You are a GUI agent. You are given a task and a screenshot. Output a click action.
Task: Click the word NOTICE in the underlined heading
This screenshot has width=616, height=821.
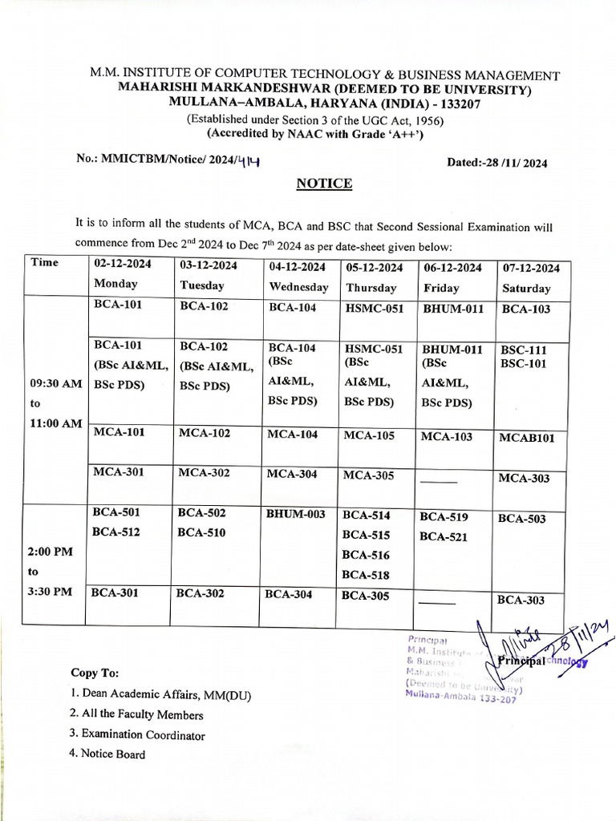(324, 184)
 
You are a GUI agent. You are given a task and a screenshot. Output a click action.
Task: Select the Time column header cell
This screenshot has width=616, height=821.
(44, 262)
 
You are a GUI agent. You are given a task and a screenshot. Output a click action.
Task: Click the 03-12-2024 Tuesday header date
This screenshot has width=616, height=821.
(209, 266)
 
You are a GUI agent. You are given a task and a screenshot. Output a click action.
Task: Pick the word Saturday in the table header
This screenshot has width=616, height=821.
(526, 289)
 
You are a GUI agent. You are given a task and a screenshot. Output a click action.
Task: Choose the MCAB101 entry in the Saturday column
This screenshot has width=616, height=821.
(526, 438)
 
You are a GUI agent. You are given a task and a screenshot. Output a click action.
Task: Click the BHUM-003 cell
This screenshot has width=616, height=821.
(296, 514)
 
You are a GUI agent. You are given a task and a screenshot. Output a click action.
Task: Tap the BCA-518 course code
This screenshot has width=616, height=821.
(366, 575)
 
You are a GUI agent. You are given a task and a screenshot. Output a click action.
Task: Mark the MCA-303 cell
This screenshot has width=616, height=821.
(524, 479)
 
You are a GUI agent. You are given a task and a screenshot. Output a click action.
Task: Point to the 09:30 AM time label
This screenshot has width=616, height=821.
(55, 384)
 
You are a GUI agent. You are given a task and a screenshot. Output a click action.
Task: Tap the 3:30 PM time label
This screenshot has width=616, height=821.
(51, 592)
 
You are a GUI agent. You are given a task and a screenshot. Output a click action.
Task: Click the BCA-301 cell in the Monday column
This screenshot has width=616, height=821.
(116, 594)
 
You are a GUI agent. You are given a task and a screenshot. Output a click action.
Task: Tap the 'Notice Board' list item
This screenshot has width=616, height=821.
(113, 754)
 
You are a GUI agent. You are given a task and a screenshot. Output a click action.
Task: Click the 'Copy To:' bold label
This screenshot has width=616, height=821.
(95, 673)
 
